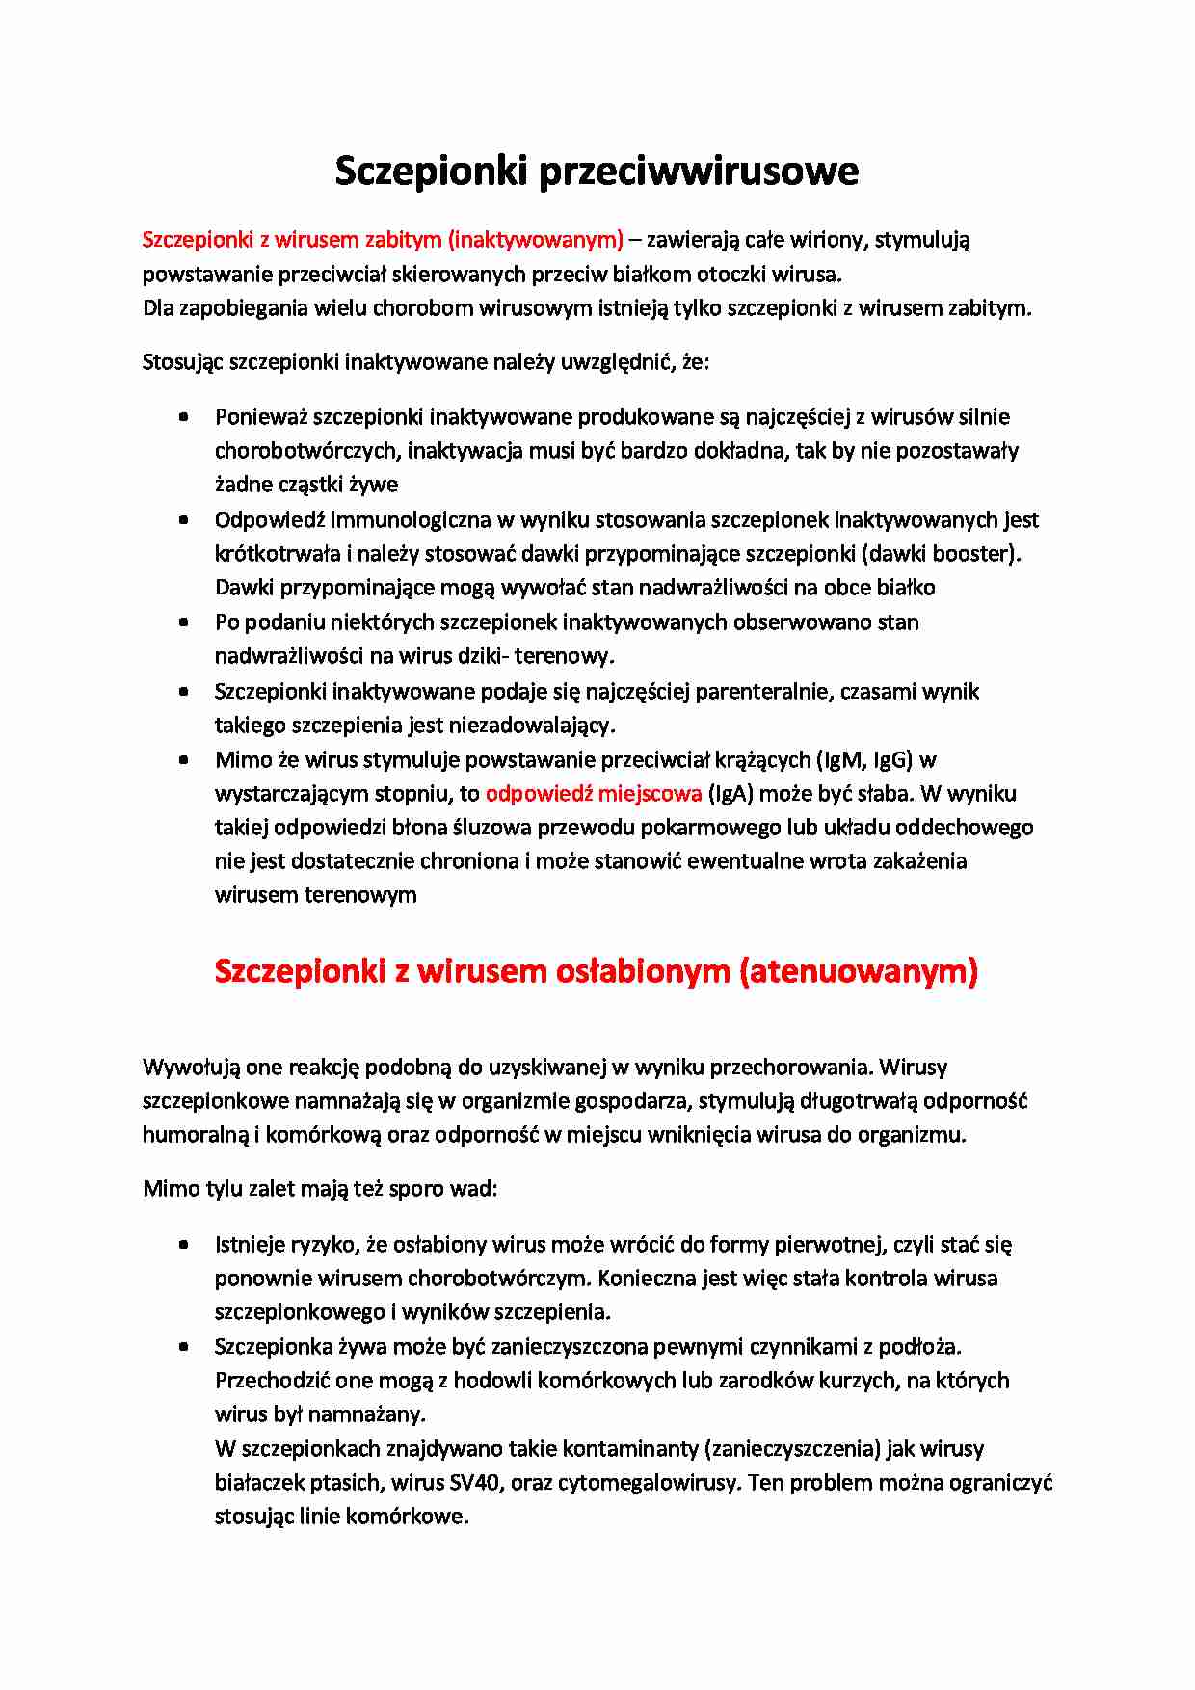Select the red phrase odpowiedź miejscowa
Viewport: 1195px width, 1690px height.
click(x=594, y=793)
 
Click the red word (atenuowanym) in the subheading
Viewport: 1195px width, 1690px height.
click(x=859, y=970)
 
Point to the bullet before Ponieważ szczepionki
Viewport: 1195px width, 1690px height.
click(x=183, y=417)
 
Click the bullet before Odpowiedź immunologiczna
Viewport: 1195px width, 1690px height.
click(x=183, y=520)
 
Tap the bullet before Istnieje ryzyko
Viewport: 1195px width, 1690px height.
click(x=183, y=1245)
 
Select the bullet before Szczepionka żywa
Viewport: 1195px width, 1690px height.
click(x=183, y=1347)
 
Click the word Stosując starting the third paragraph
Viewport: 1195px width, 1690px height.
click(x=183, y=362)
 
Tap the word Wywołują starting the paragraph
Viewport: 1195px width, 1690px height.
click(x=191, y=1067)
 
